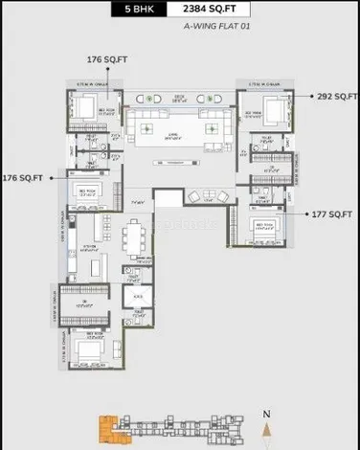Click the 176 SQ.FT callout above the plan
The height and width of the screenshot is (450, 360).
107,60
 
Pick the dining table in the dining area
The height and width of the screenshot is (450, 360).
136,236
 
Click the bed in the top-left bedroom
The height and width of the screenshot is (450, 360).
85,111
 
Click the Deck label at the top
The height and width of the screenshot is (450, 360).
178,97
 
